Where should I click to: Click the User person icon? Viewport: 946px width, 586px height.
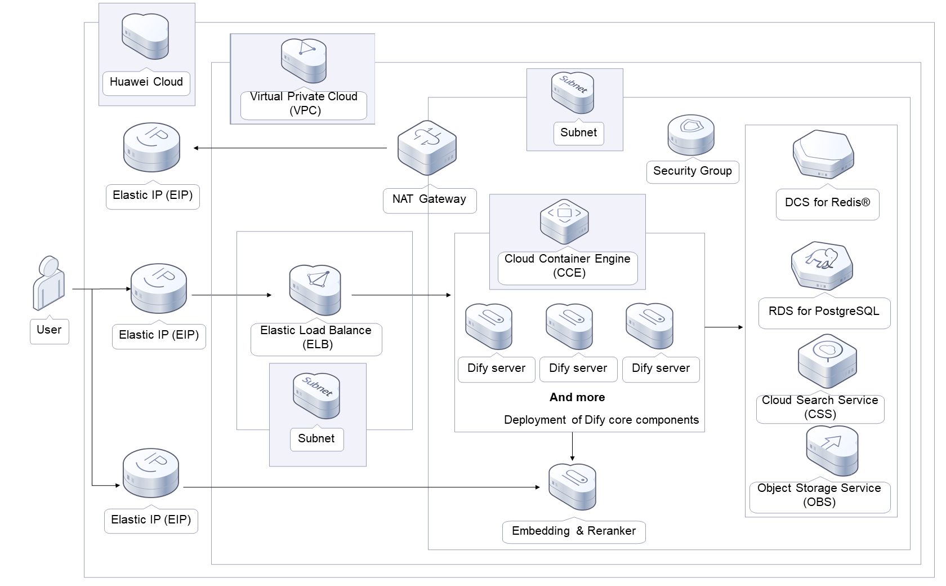coord(48,284)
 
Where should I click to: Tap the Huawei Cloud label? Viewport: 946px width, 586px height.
coord(146,82)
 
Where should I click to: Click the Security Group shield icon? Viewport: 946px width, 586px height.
coord(691,136)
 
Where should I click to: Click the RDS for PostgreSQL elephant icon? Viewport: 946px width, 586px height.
coord(822,265)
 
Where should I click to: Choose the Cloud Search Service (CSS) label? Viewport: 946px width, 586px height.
coord(820,407)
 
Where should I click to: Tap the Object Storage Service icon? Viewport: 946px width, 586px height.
coord(832,451)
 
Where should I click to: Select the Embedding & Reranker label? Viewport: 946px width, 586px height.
coord(573,531)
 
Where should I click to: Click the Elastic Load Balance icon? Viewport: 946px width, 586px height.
coord(315,290)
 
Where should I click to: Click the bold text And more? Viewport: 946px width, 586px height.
coord(577,397)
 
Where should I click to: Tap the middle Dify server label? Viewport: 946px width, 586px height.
coord(578,369)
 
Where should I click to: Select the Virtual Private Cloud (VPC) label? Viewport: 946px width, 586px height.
coord(304,104)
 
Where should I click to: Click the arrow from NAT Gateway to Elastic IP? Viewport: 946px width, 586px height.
coord(290,148)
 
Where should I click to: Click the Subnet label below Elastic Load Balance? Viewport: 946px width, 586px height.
coord(316,439)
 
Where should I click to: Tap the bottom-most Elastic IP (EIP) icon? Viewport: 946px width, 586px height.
coord(151,473)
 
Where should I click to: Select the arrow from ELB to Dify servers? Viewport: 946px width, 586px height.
coord(401,295)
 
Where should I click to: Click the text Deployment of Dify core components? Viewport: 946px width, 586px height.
coord(601,420)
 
